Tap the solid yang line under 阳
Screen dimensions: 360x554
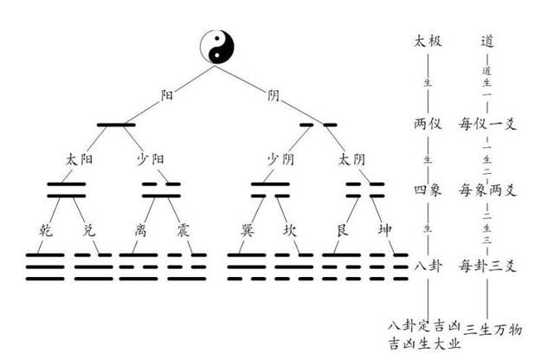point(116,125)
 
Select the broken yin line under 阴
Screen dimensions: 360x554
point(318,125)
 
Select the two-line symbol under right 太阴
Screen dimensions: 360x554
point(364,190)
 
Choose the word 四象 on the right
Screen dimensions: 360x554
point(427,190)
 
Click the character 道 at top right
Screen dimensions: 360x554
point(488,40)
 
